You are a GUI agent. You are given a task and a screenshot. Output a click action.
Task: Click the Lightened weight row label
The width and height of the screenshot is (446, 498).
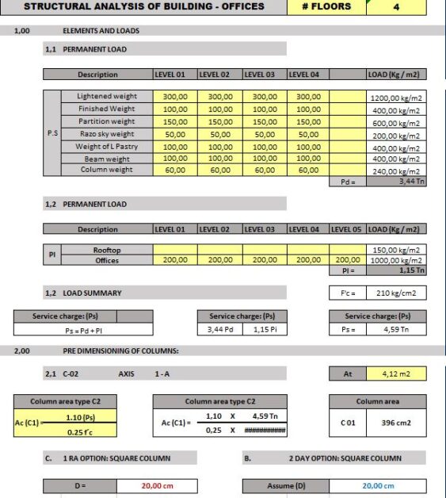(107, 96)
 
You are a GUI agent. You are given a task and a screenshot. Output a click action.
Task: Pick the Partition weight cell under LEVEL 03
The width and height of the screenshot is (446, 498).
(264, 121)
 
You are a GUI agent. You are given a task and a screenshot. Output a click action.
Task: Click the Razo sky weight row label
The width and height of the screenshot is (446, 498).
(107, 134)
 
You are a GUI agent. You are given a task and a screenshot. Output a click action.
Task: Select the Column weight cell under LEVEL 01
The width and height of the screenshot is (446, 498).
(174, 170)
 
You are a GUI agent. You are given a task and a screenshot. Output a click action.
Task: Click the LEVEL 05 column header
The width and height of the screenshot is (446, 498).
(345, 229)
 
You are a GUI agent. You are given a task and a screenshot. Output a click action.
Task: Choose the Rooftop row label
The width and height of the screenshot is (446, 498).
(107, 249)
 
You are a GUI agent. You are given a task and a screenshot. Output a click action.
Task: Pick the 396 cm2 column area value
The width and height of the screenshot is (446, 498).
(394, 423)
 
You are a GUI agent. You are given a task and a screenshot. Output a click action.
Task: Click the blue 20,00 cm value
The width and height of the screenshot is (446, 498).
(378, 485)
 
